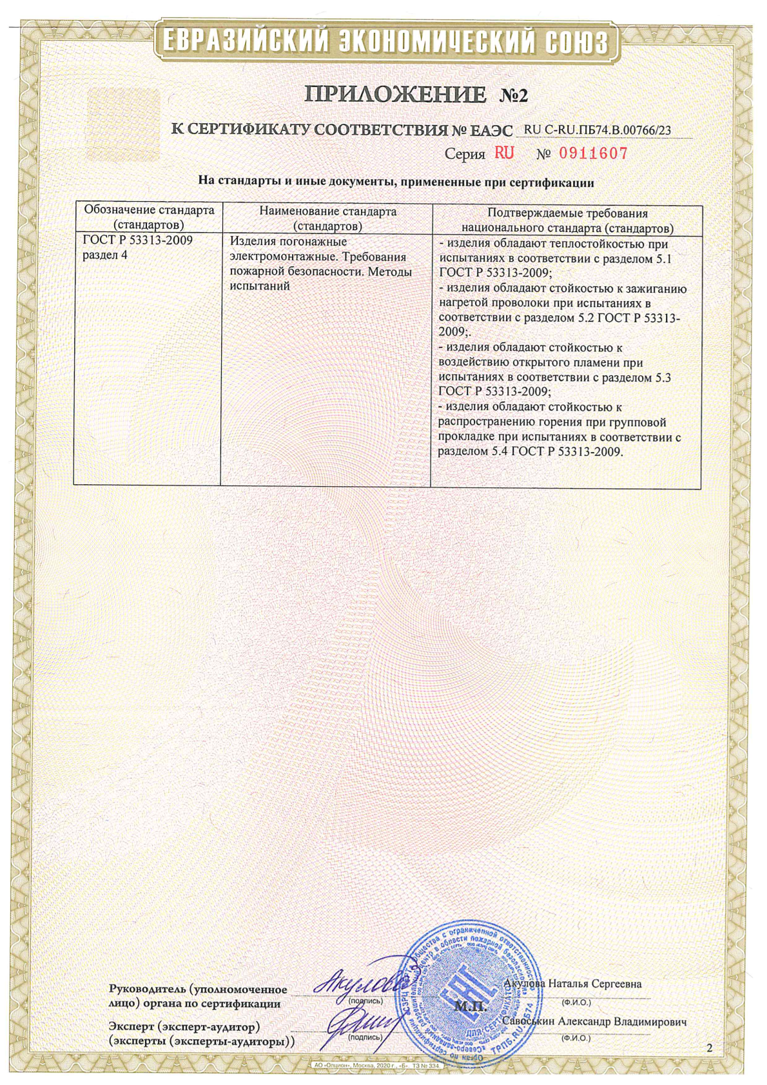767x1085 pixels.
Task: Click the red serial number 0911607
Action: click(x=592, y=153)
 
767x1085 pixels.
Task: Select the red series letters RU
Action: click(x=504, y=153)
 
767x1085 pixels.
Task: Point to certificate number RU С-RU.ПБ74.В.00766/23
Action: click(x=597, y=130)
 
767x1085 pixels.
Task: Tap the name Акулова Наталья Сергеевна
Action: click(x=572, y=984)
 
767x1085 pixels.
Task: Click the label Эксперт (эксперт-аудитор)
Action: click(x=184, y=1025)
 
